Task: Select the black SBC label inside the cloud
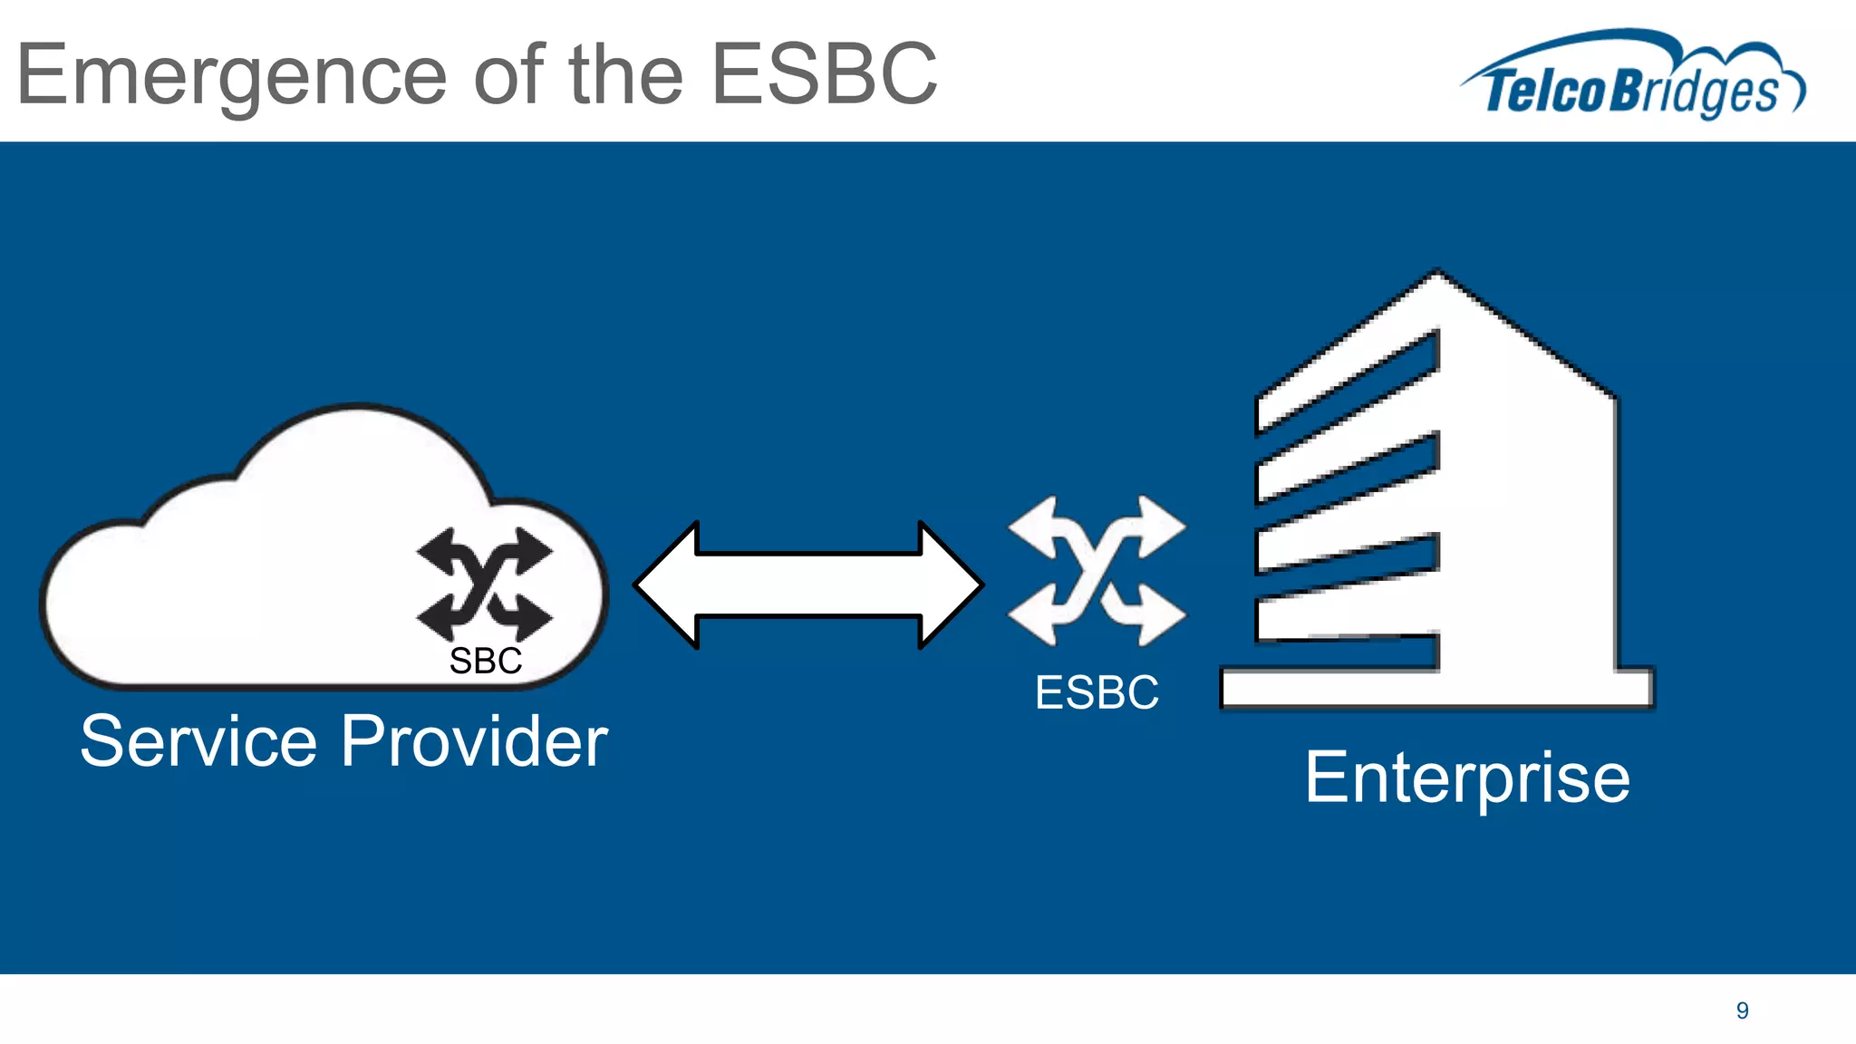pos(485,662)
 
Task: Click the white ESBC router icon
pos(1097,571)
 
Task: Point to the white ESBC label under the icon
pos(1097,693)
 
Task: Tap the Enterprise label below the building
pos(1467,778)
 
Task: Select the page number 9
pos(1742,1010)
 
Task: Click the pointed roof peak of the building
pos(1437,276)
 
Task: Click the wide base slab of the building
pos(1436,689)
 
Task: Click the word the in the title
pos(625,74)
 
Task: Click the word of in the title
pos(507,74)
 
